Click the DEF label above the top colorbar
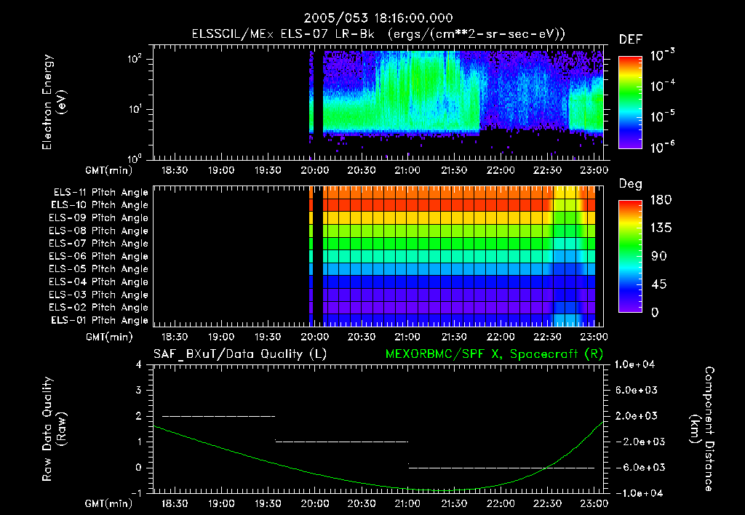629,39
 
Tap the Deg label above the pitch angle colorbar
629,184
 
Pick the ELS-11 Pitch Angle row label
100,192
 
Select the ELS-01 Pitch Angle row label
100,320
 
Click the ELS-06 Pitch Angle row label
100,256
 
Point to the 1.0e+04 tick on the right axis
636,364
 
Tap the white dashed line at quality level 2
218,416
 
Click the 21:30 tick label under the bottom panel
453,503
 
